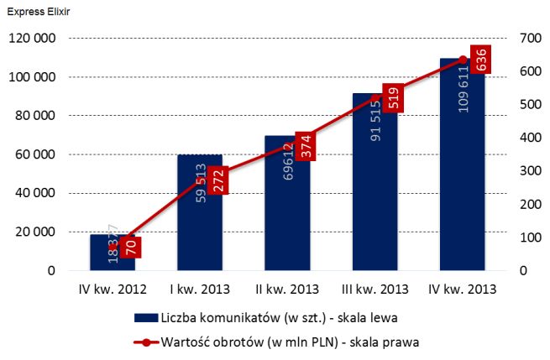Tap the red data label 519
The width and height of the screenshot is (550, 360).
[x=393, y=97]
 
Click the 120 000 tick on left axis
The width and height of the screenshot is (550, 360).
[x=31, y=39]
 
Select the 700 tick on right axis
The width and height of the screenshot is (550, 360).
[x=530, y=39]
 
